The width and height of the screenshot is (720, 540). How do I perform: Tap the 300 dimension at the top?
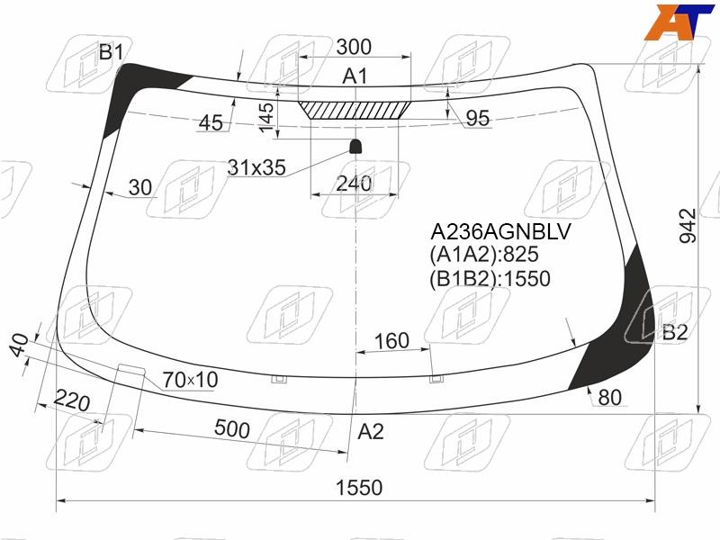[x=354, y=47]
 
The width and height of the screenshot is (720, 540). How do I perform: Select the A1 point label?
[x=355, y=76]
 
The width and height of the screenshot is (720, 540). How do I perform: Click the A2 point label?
[x=371, y=432]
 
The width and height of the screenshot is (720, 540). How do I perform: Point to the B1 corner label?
[x=111, y=52]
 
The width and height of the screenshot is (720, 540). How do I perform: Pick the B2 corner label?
[x=675, y=332]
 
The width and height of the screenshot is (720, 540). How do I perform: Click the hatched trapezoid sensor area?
[x=355, y=110]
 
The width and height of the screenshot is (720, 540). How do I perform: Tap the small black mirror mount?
[x=355, y=147]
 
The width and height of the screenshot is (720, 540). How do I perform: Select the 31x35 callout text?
[x=256, y=167]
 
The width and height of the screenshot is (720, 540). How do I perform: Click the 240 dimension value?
[x=354, y=184]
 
